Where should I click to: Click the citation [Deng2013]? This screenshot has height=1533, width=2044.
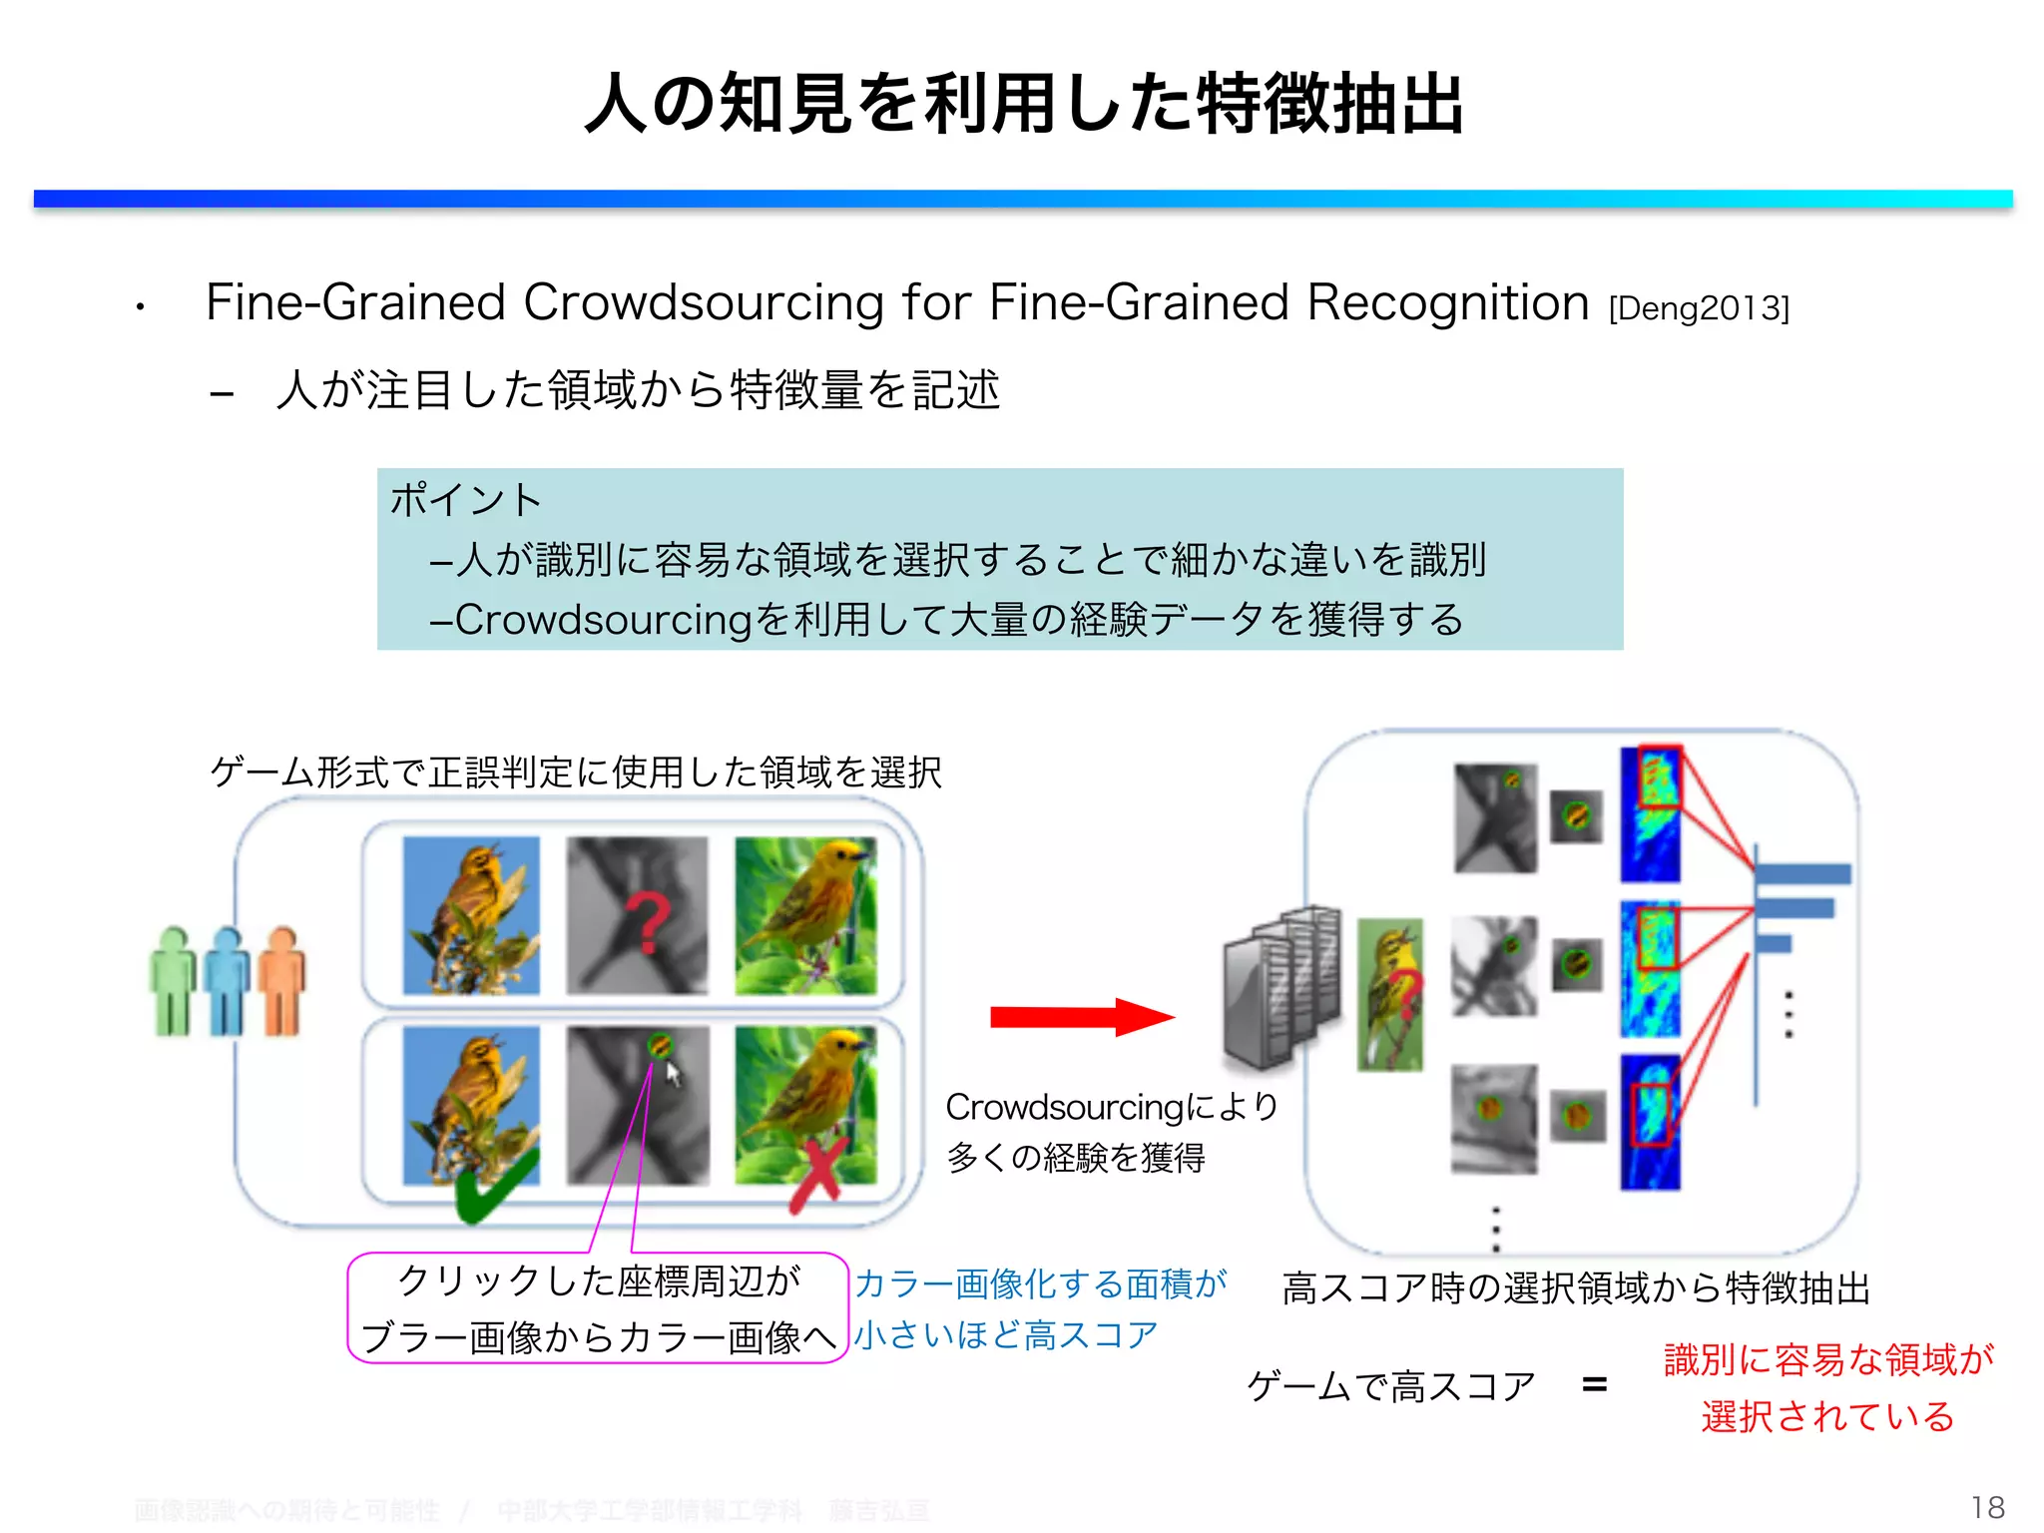click(x=1699, y=307)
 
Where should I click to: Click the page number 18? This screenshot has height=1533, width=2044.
click(x=1987, y=1507)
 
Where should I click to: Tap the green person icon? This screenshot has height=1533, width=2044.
click(x=174, y=982)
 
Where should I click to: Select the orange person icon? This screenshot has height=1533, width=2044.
click(x=282, y=982)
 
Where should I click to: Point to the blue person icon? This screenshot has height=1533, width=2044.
click(x=228, y=982)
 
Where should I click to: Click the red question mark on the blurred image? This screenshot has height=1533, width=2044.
click(x=647, y=923)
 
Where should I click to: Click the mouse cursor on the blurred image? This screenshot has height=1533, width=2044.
click(x=674, y=1074)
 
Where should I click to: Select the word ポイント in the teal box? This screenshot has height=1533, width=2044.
click(x=465, y=499)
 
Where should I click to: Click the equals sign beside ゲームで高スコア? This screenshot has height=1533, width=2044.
click(x=1595, y=1384)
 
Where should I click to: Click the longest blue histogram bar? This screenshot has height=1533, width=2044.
click(x=1802, y=874)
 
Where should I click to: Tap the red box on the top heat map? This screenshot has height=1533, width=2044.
click(x=1659, y=777)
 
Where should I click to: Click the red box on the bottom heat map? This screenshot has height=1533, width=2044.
click(x=1650, y=1115)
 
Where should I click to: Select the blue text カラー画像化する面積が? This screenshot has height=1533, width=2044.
click(x=1040, y=1283)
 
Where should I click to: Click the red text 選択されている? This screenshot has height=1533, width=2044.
click(x=1827, y=1416)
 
